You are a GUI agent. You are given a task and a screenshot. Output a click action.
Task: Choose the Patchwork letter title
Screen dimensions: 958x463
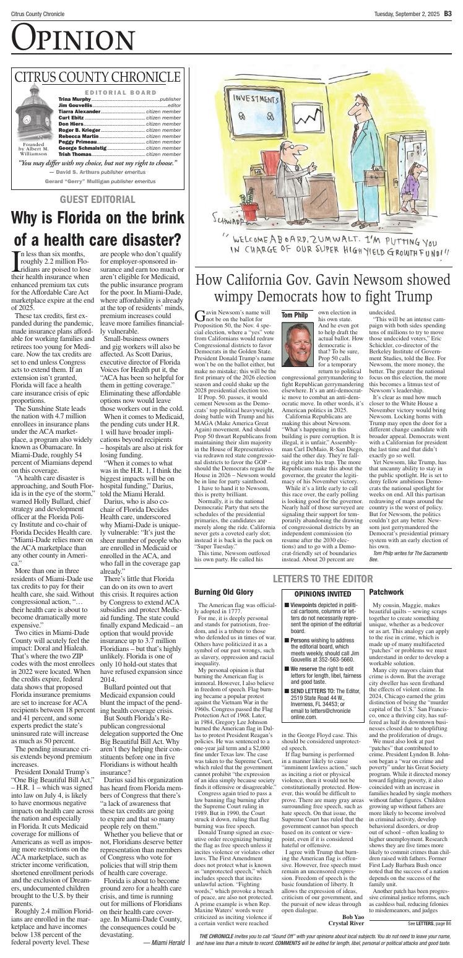(x=386, y=575)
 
